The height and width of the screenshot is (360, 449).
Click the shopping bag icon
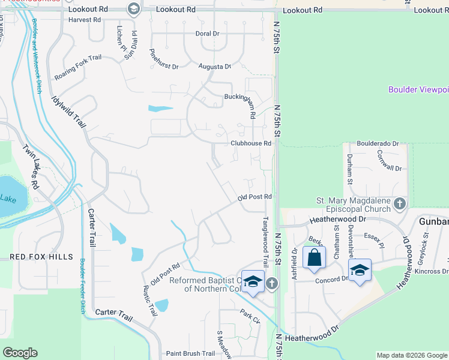[x=314, y=257]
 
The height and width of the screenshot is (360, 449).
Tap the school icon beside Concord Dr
[x=360, y=270]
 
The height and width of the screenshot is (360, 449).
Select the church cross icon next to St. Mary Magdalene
[x=400, y=205]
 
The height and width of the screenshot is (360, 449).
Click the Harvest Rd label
[x=85, y=20]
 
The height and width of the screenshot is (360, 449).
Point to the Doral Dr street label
[x=208, y=34]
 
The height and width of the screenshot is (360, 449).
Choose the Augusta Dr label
[x=215, y=67]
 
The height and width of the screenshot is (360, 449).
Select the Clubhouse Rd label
[x=252, y=143]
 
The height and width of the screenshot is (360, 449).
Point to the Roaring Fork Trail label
[x=78, y=68]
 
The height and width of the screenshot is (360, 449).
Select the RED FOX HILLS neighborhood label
[x=41, y=257]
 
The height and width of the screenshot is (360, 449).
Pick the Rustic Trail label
[x=149, y=300]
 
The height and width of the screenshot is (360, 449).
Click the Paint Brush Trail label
[x=190, y=354]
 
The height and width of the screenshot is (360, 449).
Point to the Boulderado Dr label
[x=378, y=144]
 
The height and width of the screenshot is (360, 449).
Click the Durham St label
[x=349, y=164]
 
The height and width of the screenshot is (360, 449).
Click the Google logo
[x=20, y=353]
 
